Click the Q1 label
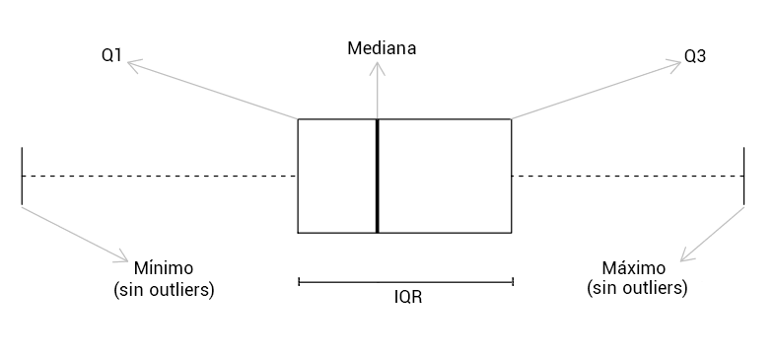coord(111,55)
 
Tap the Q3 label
coord(695,57)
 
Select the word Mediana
coord(382,48)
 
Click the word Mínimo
coord(164,268)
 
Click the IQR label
coord(408,297)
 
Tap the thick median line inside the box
coord(378,176)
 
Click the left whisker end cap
coord(22,176)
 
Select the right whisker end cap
coord(743,176)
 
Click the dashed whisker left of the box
coord(160,176)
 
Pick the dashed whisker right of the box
coord(628,176)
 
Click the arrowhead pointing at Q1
coord(133,63)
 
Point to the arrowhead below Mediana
coord(378,67)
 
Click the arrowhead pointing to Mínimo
coord(123,257)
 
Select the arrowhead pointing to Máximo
coord(685,255)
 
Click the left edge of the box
coord(298,176)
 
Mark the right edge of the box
coord(511,176)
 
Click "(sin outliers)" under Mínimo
coord(164,289)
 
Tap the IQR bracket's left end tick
coord(299,282)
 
